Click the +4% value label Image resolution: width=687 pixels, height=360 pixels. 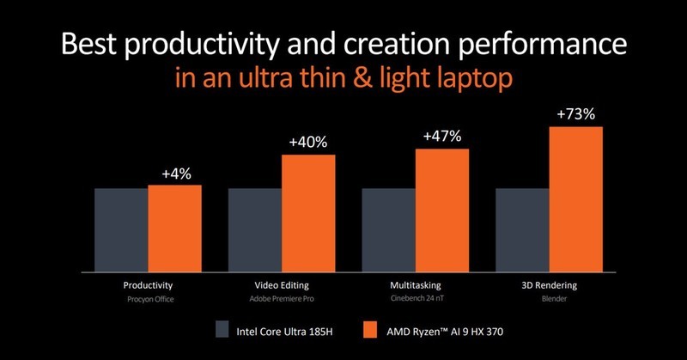[x=176, y=174]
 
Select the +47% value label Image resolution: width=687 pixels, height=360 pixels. [x=442, y=137]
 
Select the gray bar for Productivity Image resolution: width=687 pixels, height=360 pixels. [x=121, y=228]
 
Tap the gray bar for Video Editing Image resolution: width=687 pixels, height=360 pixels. [x=255, y=228]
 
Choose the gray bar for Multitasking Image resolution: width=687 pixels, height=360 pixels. [x=389, y=228]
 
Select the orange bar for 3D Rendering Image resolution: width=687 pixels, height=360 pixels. [x=576, y=197]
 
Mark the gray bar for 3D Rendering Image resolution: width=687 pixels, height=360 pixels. [x=523, y=228]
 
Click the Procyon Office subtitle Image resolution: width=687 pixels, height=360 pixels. [x=149, y=300]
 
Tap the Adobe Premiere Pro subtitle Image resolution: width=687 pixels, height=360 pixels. [x=283, y=300]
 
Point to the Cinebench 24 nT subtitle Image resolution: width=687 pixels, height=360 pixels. [x=416, y=300]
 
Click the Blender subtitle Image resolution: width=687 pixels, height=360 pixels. [x=550, y=300]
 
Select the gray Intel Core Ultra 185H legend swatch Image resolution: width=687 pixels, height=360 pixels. [x=222, y=330]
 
